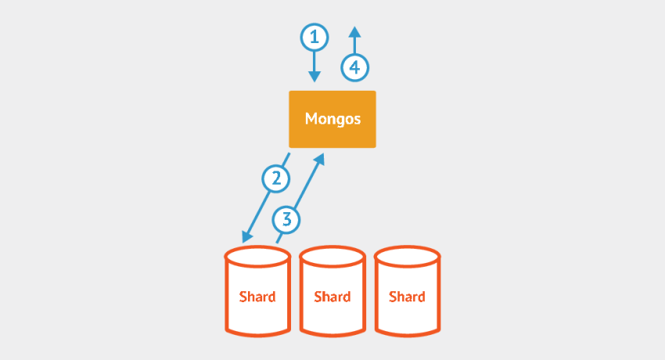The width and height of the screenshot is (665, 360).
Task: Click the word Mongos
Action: pyautogui.click(x=332, y=120)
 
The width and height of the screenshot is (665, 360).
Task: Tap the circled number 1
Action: pyautogui.click(x=315, y=37)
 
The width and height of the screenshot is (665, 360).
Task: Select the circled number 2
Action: pyautogui.click(x=275, y=179)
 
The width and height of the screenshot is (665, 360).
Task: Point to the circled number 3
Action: pyautogui.click(x=287, y=219)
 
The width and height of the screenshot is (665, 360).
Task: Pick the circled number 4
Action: pyautogui.click(x=354, y=68)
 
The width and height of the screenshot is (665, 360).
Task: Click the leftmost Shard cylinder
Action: pyautogui.click(x=257, y=290)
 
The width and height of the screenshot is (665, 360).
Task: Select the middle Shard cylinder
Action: pyautogui.click(x=332, y=290)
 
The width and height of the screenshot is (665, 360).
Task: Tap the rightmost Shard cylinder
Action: pyautogui.click(x=407, y=290)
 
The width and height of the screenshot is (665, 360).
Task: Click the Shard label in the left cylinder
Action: pyautogui.click(x=257, y=297)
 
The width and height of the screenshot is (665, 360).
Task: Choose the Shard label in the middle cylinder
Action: pyautogui.click(x=332, y=297)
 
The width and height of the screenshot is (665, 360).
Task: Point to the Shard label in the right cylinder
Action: pyautogui.click(x=407, y=297)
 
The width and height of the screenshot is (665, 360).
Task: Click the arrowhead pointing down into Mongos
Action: pyautogui.click(x=315, y=76)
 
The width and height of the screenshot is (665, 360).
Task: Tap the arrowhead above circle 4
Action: pyautogui.click(x=354, y=33)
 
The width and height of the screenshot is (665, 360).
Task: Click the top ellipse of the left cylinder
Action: pyautogui.click(x=257, y=256)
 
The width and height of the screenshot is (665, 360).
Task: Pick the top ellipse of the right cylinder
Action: pyautogui.click(x=407, y=256)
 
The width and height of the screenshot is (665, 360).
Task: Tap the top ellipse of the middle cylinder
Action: pyautogui.click(x=332, y=256)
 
